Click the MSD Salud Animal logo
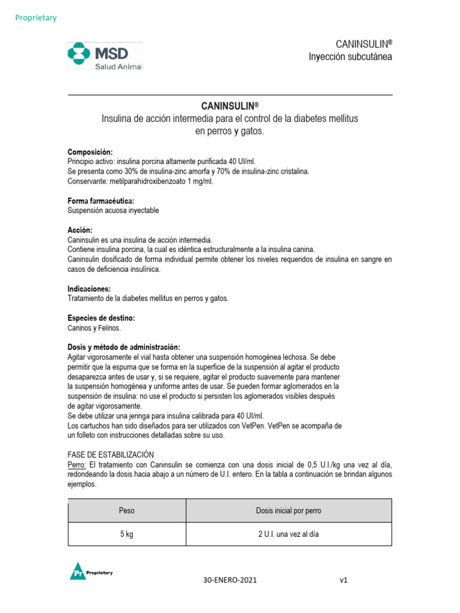pyautogui.click(x=105, y=56)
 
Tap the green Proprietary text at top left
pyautogui.click(x=36, y=18)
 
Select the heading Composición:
pyautogui.click(x=90, y=153)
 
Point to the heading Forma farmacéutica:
pyautogui.click(x=101, y=201)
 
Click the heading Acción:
pyautogui.click(x=80, y=230)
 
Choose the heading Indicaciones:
pyautogui.click(x=89, y=289)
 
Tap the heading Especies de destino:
pyautogui.click(x=101, y=318)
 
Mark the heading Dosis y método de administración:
pyautogui.click(x=123, y=347)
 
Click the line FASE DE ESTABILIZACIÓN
pyautogui.click(x=111, y=455)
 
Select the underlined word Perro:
pyautogui.click(x=77, y=465)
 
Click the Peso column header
pyautogui.click(x=127, y=511)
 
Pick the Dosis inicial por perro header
pyautogui.click(x=289, y=511)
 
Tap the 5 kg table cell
pyautogui.click(x=127, y=535)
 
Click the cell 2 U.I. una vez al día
pyautogui.click(x=289, y=535)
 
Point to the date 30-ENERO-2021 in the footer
pyautogui.click(x=232, y=580)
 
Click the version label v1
pyautogui.click(x=343, y=580)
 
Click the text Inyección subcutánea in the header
pyautogui.click(x=350, y=57)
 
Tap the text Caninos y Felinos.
pyautogui.click(x=94, y=328)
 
